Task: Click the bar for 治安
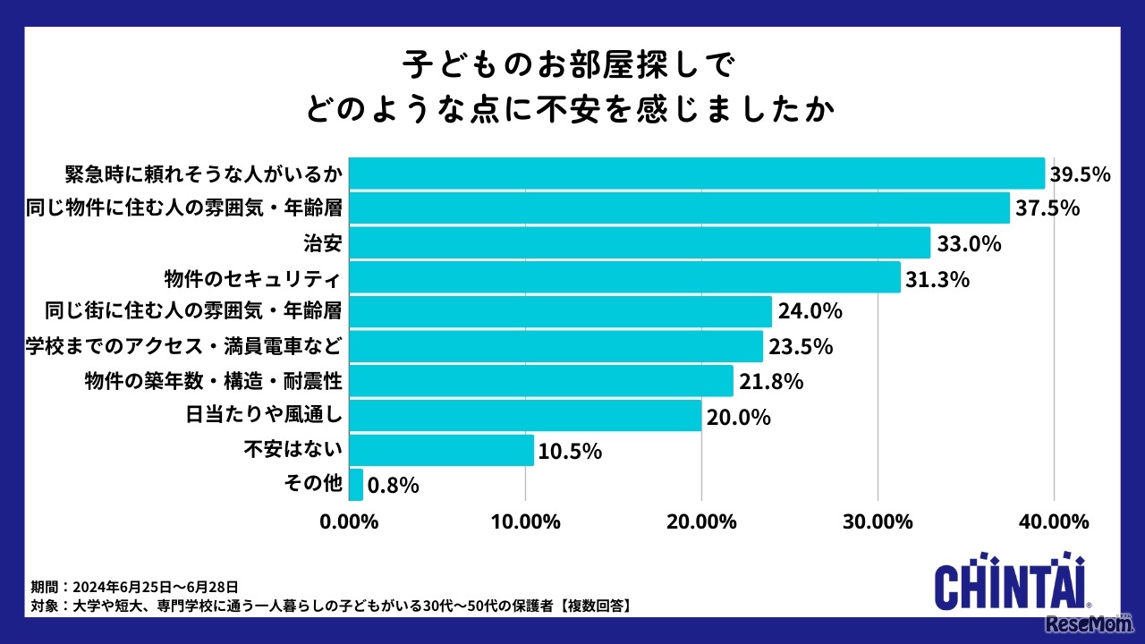pos(639,242)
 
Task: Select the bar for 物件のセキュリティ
pos(624,277)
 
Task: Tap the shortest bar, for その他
pos(356,484)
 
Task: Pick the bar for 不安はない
pos(441,450)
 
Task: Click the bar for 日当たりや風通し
pos(525,415)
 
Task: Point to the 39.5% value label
pos(1080,174)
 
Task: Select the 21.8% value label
pos(771,381)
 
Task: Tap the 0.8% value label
pos(394,485)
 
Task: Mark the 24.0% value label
pos(810,312)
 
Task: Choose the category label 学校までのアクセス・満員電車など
pos(182,346)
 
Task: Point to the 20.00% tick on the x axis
pos(701,521)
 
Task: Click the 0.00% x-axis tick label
pos(349,521)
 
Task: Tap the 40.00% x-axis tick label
pos(1054,521)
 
